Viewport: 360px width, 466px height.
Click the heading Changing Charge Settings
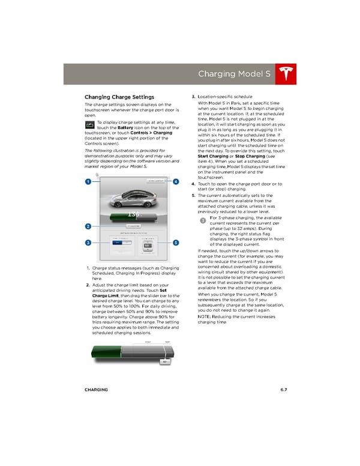119,97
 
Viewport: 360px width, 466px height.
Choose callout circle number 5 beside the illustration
176,242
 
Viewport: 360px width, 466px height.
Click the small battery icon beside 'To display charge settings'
89,124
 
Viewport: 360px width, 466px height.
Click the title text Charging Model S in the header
236,74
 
